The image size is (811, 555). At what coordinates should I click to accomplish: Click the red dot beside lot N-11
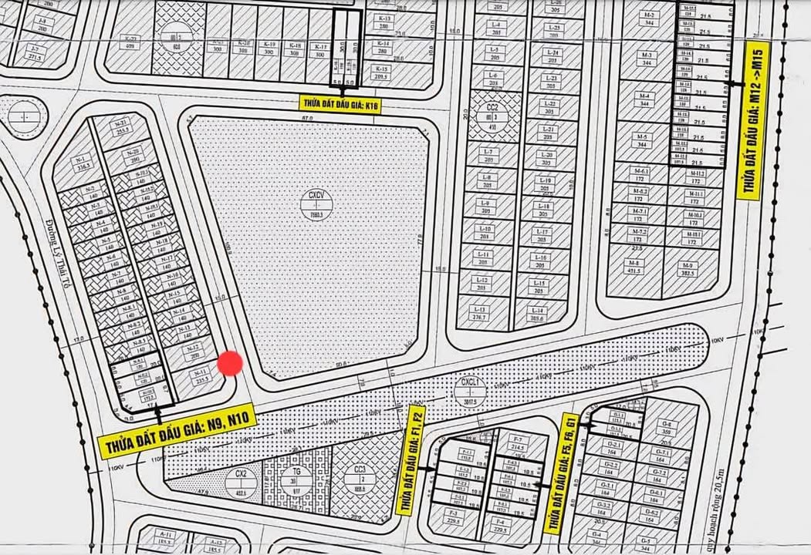point(230,364)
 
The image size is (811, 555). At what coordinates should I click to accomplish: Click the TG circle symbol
point(297,479)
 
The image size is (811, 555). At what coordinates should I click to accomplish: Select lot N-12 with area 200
point(194,351)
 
